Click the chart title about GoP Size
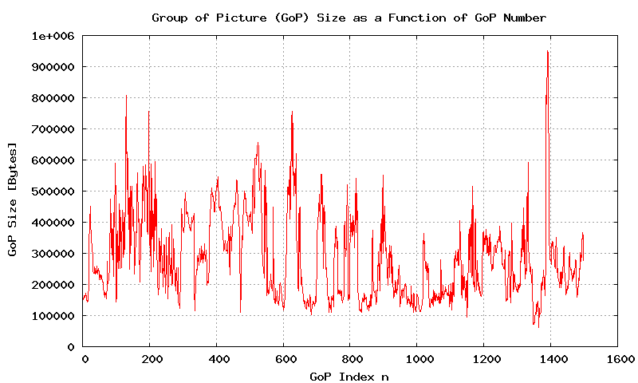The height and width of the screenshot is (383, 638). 349,18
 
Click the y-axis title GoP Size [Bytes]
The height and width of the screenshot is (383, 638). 12,199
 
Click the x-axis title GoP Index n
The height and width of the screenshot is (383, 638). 349,376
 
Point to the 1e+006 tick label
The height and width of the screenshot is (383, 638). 53,36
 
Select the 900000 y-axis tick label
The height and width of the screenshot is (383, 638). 53,67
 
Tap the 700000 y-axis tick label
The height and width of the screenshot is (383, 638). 53,129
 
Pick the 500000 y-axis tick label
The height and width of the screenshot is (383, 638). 53,191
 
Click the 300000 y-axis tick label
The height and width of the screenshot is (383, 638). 53,254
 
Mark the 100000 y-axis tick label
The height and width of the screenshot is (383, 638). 53,316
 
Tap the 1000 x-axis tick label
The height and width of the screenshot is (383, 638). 417,360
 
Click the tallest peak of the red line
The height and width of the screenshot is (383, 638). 547,52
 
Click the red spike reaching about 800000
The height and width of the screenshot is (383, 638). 126,96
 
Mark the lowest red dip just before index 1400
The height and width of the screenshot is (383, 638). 538,326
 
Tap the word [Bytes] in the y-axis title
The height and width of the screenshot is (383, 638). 12,162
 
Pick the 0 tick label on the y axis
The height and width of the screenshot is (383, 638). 70,347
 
